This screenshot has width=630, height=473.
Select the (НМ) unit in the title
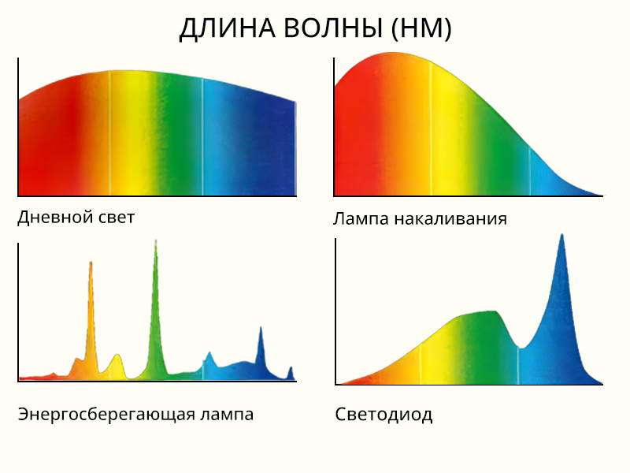tap(421, 29)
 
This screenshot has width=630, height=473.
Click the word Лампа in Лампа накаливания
tap(359, 218)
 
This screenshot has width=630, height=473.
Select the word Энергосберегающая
tap(106, 414)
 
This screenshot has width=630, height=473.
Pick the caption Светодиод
tap(384, 415)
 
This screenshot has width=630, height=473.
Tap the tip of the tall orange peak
tap(91, 263)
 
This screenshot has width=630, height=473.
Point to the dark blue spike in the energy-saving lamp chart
tap(261, 330)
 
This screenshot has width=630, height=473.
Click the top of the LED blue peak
tap(561, 235)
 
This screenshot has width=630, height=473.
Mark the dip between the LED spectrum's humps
tap(520, 347)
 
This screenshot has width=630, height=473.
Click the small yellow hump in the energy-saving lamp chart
tap(117, 356)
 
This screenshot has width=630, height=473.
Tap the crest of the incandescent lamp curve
tap(388, 53)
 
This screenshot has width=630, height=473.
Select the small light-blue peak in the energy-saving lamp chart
tap(209, 353)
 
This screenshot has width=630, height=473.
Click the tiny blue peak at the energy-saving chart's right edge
tap(291, 367)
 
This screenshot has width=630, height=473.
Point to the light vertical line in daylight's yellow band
tap(110, 134)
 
